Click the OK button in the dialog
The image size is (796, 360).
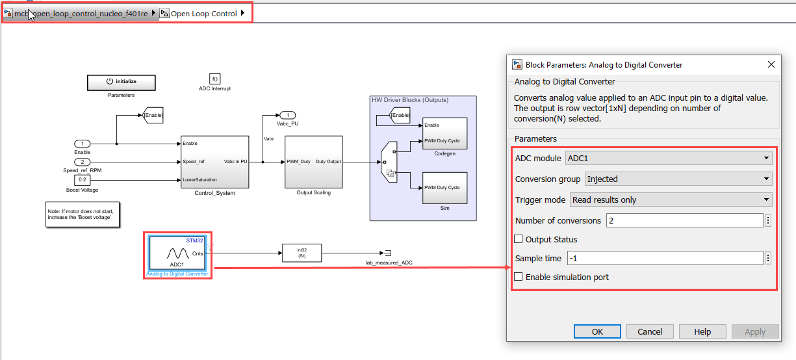(x=597, y=331)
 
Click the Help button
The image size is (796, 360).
(x=702, y=331)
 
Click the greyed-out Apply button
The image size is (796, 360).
(x=754, y=331)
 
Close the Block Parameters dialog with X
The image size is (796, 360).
(x=771, y=64)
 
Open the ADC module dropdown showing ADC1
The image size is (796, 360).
(x=669, y=158)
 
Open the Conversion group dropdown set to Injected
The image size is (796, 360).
(x=678, y=179)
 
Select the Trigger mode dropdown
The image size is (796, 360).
(x=671, y=199)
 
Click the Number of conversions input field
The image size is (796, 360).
(x=684, y=221)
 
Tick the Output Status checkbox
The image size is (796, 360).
(x=519, y=239)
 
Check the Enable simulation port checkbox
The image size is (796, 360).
(x=519, y=277)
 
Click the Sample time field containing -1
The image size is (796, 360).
(x=665, y=258)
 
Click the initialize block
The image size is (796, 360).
(x=122, y=82)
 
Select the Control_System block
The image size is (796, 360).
(x=214, y=162)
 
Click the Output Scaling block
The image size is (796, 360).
(x=313, y=162)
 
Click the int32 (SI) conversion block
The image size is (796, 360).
(x=302, y=253)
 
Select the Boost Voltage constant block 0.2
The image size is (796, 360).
(x=82, y=180)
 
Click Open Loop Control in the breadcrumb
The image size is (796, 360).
(x=203, y=14)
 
